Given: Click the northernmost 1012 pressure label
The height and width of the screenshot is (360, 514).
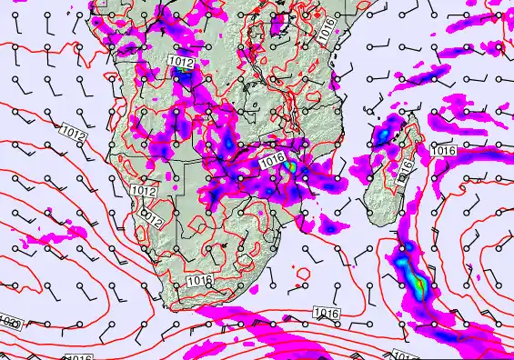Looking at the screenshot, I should [x=180, y=62].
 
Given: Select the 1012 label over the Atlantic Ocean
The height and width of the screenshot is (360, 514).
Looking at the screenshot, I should [x=74, y=133].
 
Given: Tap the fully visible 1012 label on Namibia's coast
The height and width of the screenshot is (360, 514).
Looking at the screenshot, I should [x=143, y=190].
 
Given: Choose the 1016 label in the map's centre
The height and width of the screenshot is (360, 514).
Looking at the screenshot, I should [x=272, y=160].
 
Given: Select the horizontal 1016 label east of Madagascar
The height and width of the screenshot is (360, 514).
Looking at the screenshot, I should [x=443, y=150].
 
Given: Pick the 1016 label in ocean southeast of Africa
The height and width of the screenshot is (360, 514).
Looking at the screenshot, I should [x=326, y=313].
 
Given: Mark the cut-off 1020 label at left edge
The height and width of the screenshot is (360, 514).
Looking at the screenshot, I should [x=9, y=323].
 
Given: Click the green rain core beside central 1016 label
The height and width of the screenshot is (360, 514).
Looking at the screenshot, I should [x=290, y=167].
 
